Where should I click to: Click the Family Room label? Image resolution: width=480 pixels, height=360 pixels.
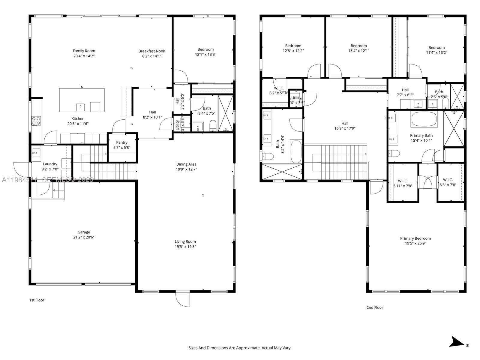(x=84, y=51)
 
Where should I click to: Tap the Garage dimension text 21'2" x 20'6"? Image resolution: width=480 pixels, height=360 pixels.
(x=84, y=237)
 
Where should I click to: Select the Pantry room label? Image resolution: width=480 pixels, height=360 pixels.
(x=122, y=142)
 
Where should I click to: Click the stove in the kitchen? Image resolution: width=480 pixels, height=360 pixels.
(x=36, y=121)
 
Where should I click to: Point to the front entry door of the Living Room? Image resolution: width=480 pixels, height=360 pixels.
(x=183, y=299)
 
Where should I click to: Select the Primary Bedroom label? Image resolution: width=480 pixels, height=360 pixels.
(x=415, y=238)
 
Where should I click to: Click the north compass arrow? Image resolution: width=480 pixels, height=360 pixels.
(x=457, y=342)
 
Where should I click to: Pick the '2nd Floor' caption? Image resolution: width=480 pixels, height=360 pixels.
(x=375, y=307)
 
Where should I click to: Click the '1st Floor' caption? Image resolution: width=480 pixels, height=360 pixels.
(x=37, y=300)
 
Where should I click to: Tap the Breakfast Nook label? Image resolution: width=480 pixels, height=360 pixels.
(x=151, y=51)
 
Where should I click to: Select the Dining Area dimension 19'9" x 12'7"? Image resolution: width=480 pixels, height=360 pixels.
(x=186, y=169)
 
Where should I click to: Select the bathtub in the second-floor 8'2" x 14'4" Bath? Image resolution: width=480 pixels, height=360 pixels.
(x=296, y=152)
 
